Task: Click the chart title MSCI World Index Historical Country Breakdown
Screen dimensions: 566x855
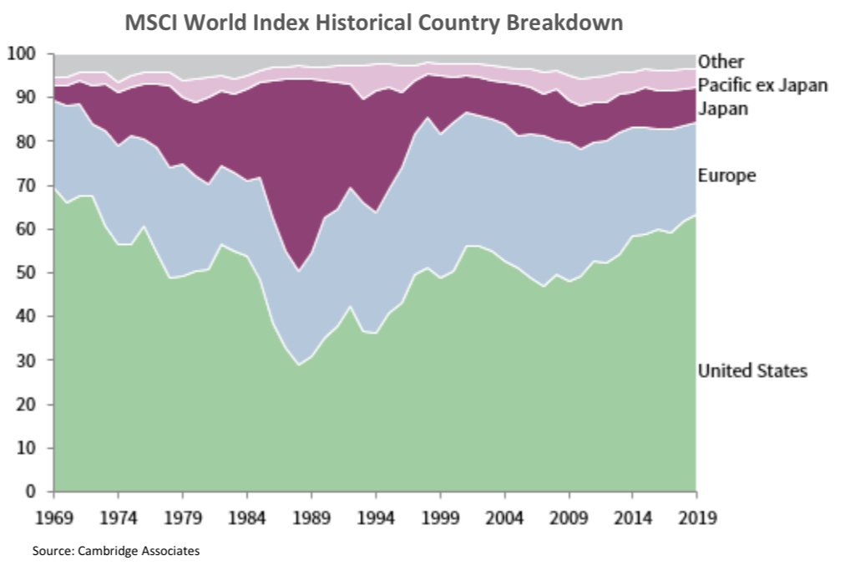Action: click(373, 23)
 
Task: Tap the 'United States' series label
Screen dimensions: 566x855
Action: click(752, 370)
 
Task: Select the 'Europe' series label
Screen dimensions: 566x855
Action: click(726, 176)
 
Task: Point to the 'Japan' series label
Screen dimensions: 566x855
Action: click(723, 109)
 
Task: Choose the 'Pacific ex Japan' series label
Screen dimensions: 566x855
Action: click(762, 84)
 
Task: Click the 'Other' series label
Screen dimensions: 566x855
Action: click(721, 61)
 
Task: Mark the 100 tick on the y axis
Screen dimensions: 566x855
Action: click(22, 54)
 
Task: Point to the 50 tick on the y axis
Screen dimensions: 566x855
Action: click(27, 273)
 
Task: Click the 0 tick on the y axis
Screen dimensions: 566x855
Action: click(32, 492)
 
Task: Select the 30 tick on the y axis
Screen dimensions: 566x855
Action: click(27, 360)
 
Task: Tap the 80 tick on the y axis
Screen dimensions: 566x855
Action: click(27, 142)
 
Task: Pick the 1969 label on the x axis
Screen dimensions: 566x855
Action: click(54, 517)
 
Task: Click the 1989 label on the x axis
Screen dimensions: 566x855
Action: click(311, 517)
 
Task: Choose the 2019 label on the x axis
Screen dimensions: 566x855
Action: click(696, 517)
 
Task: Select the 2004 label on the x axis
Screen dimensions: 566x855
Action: click(503, 517)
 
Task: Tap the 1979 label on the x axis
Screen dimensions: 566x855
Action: click(183, 517)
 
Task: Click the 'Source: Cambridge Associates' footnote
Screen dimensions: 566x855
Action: click(116, 551)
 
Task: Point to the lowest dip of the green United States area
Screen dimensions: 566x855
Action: click(298, 365)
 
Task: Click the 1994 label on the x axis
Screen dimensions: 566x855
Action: click(376, 517)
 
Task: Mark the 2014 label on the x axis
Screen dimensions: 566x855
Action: click(632, 517)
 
